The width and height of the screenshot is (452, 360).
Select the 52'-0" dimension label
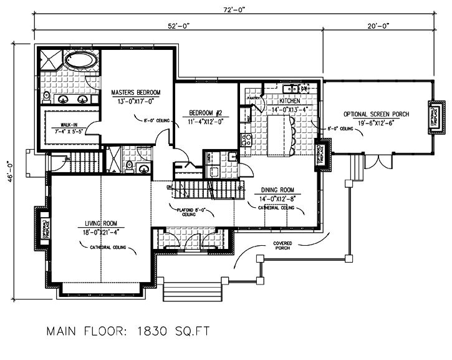tap(178, 26)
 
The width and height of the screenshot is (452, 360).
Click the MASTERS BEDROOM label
tap(136, 93)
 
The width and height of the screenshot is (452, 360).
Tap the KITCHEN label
tap(290, 100)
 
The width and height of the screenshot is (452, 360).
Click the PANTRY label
tap(253, 98)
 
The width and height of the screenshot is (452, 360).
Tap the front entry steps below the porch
tap(193, 291)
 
